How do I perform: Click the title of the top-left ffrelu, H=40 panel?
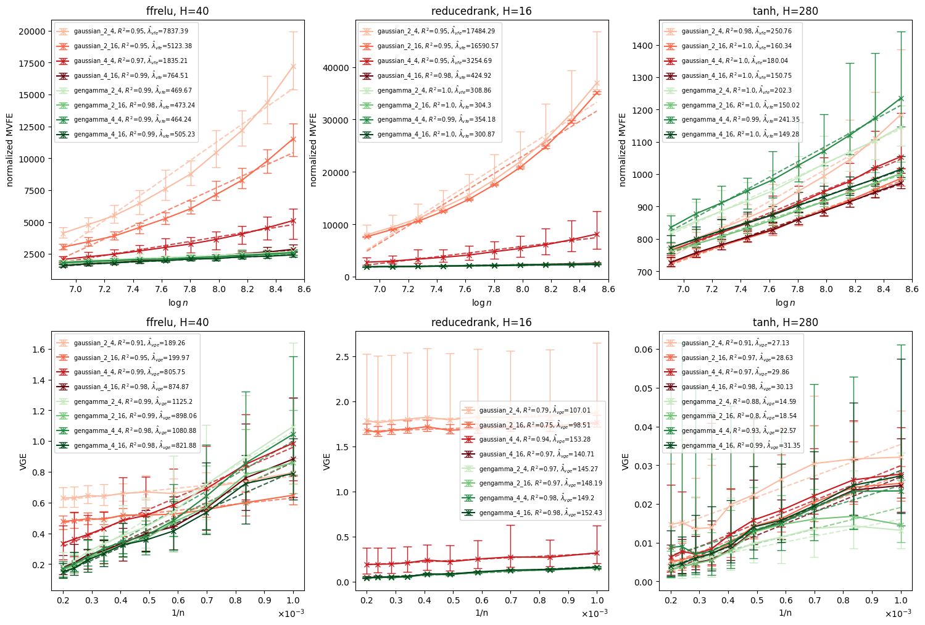coord(177,11)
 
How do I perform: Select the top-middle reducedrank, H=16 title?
coord(481,11)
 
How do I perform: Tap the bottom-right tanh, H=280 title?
coord(786,322)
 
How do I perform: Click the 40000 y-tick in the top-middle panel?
coord(335,68)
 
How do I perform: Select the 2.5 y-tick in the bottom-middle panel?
coord(342,357)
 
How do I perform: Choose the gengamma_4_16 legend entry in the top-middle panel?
coord(432,134)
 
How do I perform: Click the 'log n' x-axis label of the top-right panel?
coord(786,303)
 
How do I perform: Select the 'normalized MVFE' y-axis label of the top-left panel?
coord(10,149)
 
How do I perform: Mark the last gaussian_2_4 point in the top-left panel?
coord(293,66)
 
